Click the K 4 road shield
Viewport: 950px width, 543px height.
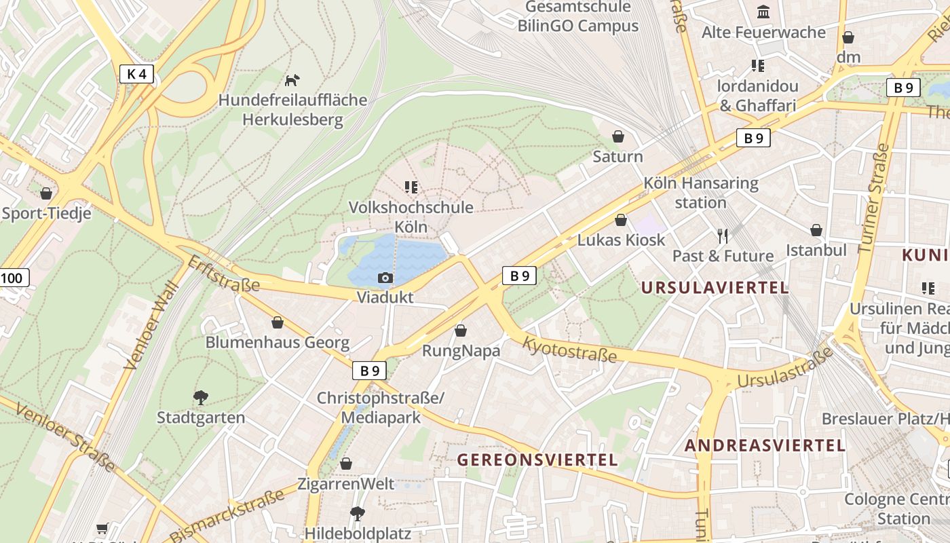pyautogui.click(x=136, y=74)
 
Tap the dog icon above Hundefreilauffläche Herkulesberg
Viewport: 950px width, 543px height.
pyautogui.click(x=292, y=80)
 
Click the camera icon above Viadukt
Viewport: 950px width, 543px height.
pyautogui.click(x=385, y=278)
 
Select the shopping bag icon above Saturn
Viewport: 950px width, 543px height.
pyautogui.click(x=618, y=136)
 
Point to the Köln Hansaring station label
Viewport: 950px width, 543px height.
pyautogui.click(x=700, y=193)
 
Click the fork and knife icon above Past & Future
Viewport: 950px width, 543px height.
pyautogui.click(x=723, y=236)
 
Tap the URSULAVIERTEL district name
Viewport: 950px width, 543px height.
pyautogui.click(x=715, y=288)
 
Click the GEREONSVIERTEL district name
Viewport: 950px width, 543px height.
pyautogui.click(x=537, y=460)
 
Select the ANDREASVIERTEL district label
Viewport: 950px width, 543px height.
pyautogui.click(x=765, y=446)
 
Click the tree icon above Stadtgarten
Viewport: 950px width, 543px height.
pyautogui.click(x=200, y=397)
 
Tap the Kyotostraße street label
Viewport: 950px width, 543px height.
pyautogui.click(x=569, y=349)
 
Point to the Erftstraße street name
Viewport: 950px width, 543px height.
pyautogui.click(x=223, y=274)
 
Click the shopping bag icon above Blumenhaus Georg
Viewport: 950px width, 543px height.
pyautogui.click(x=277, y=322)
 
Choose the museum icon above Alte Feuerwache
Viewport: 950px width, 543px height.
pyautogui.click(x=763, y=12)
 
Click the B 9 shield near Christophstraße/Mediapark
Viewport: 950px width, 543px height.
pyautogui.click(x=369, y=371)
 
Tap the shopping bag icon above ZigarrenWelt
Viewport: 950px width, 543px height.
pyautogui.click(x=346, y=464)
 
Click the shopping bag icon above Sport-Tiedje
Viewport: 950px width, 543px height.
pyautogui.click(x=46, y=193)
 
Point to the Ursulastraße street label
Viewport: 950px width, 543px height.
pyautogui.click(x=784, y=369)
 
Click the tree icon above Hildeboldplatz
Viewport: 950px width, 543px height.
pyautogui.click(x=357, y=513)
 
